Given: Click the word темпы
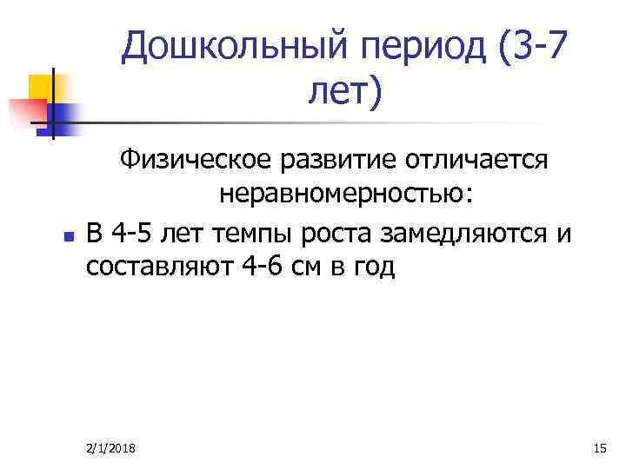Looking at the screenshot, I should [248, 232].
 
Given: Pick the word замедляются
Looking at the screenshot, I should [467, 232].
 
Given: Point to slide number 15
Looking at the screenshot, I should [597, 447].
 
